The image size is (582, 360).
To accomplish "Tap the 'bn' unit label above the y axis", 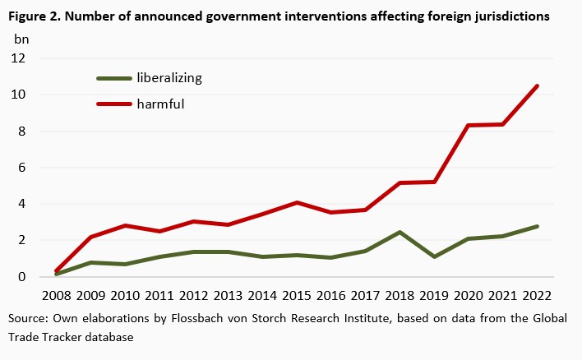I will pos(21,39).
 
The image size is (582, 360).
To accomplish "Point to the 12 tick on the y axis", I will pos(19,58).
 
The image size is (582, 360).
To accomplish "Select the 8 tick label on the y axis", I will pos(22,132).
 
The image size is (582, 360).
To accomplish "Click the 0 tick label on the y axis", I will pos(22,277).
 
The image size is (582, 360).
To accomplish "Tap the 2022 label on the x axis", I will pos(537,295).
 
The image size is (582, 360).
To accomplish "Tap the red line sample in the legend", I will pos(114,104).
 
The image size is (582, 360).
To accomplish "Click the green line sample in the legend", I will pos(114,79).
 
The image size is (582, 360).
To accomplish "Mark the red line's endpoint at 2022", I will pos(537,86).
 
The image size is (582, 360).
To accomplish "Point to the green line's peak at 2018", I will pos(398,233).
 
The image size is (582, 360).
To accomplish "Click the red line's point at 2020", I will pos(468,126).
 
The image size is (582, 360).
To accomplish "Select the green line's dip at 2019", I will pos(432,257).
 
